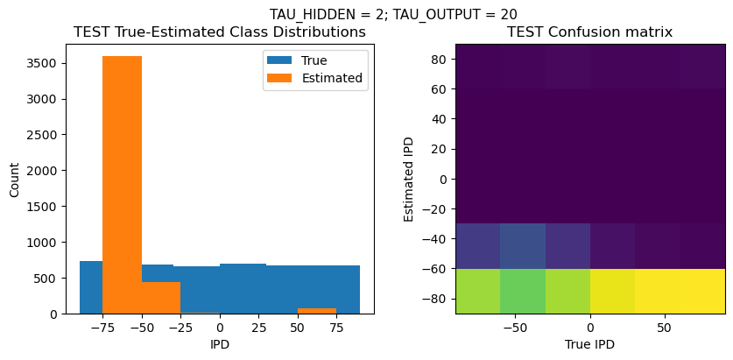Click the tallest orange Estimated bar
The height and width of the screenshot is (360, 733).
click(122, 184)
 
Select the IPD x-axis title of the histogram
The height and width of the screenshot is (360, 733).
click(219, 344)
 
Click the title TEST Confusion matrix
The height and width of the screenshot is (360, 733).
click(590, 32)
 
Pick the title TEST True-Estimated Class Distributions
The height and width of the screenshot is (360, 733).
click(219, 32)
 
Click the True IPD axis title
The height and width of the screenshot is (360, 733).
click(590, 344)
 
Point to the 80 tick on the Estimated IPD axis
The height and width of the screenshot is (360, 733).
click(440, 59)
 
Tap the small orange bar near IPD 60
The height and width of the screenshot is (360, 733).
click(317, 311)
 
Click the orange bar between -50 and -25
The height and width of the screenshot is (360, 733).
click(161, 298)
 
